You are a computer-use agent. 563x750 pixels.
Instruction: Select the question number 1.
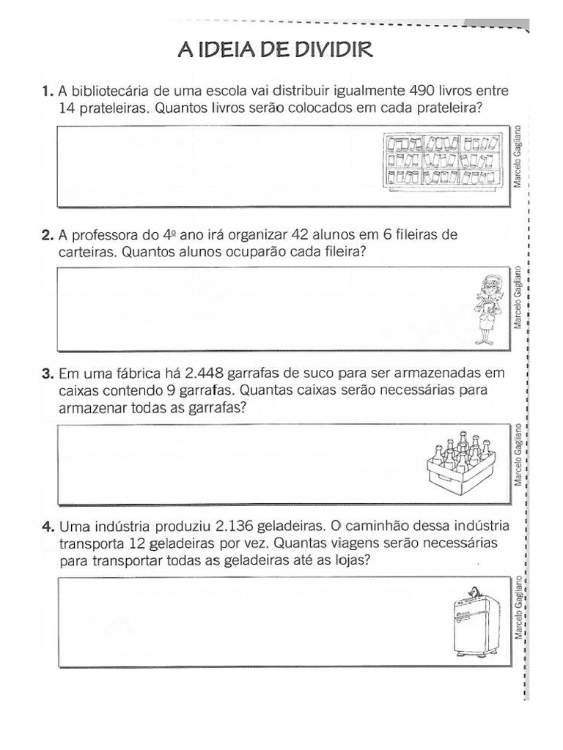pyautogui.click(x=47, y=92)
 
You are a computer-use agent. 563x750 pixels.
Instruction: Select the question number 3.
pyautogui.click(x=47, y=373)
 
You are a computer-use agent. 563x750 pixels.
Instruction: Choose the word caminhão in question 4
pyautogui.click(x=375, y=527)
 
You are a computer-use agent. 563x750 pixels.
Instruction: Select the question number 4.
pyautogui.click(x=47, y=527)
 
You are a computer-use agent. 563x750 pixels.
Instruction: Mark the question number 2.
pyautogui.click(x=47, y=235)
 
